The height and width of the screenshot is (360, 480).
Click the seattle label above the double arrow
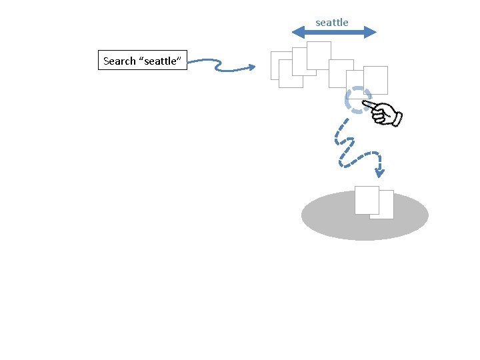pyautogui.click(x=332, y=23)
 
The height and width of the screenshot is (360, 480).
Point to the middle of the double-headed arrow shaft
pyautogui.click(x=335, y=32)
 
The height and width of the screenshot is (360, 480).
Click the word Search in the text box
pyautogui.click(x=120, y=61)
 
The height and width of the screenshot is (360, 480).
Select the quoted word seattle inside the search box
pyautogui.click(x=161, y=61)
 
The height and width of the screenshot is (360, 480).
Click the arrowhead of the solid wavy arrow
pyautogui.click(x=251, y=67)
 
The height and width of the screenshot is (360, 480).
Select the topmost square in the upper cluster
pyautogui.click(x=319, y=54)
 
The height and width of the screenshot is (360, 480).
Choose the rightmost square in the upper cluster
pyautogui.click(x=376, y=80)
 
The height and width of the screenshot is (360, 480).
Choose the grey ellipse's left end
pyautogui.click(x=304, y=215)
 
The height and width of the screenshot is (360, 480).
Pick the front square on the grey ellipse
pyautogui.click(x=367, y=199)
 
